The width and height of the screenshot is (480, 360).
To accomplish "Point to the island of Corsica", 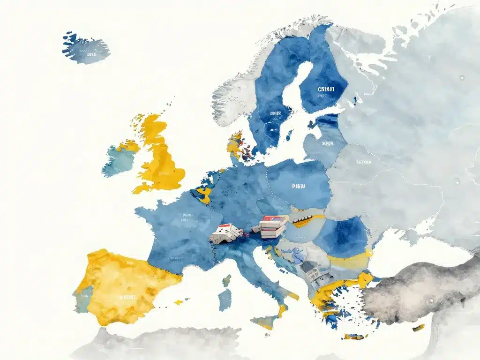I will [227, 281].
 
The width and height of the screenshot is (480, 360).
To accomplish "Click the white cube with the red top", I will [225, 233].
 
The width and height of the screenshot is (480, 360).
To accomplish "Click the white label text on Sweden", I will [276, 113].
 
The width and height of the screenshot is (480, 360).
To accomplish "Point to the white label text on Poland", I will [298, 186].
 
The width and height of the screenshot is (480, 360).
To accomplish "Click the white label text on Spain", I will [127, 297].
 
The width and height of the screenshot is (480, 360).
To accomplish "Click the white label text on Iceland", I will [91, 54].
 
